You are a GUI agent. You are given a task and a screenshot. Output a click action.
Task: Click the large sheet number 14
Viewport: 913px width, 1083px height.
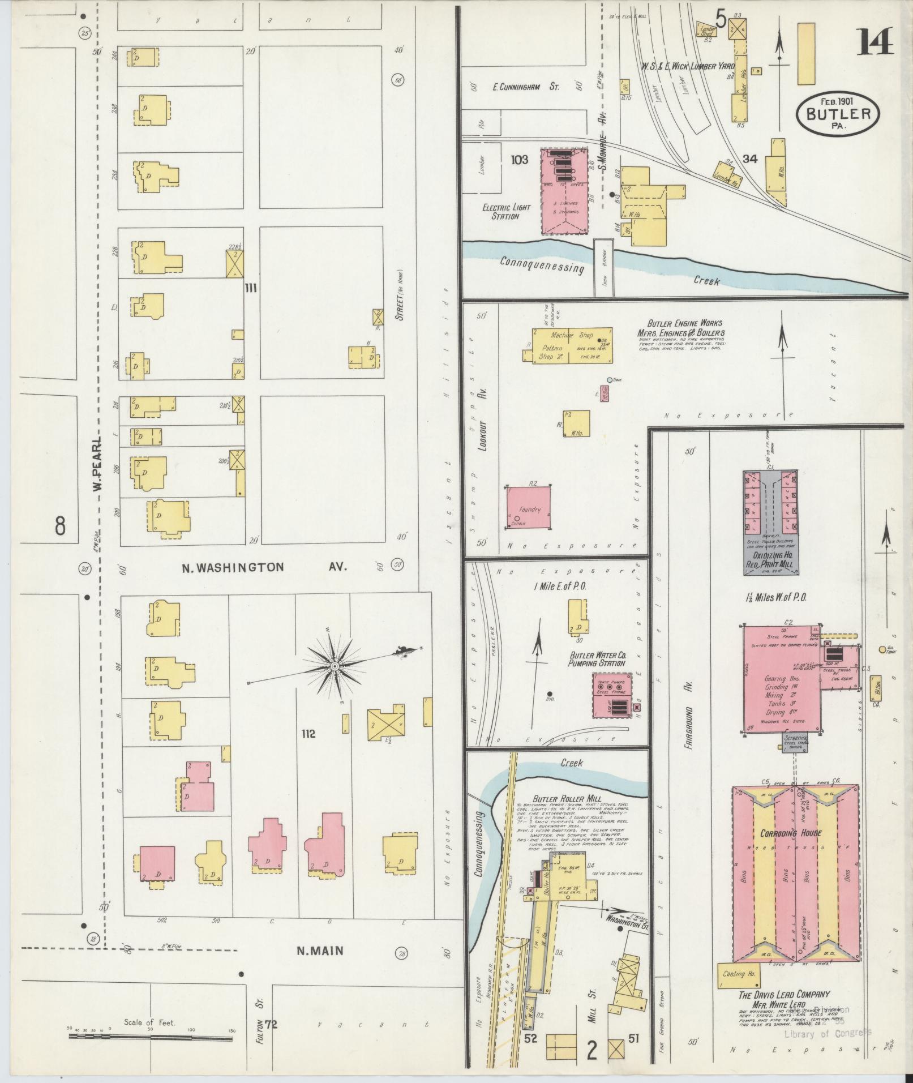click(x=875, y=42)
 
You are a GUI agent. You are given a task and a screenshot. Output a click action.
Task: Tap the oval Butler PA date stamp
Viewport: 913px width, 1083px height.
click(x=838, y=113)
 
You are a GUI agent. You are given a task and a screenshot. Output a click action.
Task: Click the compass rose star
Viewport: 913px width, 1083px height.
click(x=335, y=666)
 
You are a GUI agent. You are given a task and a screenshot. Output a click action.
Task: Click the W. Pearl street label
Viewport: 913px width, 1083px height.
click(x=98, y=463)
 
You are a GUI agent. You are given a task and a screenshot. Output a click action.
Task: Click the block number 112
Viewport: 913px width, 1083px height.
click(x=308, y=734)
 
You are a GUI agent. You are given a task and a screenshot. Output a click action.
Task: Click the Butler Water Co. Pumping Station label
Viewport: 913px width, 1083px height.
click(x=597, y=659)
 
